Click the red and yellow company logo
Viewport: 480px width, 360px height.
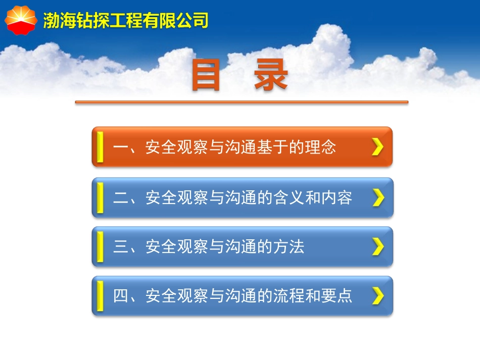21,19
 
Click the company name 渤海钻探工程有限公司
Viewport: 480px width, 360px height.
126,21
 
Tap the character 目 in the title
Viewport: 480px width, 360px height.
207,77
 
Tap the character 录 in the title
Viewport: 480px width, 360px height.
271,77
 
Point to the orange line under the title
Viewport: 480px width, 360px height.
242,102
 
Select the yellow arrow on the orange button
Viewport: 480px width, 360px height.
377,147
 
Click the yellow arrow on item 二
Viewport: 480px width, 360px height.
378,198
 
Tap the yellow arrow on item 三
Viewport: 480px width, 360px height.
378,247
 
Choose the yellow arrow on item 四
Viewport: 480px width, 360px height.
378,296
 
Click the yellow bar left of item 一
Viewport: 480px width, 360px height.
100,147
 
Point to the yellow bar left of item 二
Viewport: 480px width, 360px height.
100,198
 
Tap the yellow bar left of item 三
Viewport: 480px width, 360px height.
100,247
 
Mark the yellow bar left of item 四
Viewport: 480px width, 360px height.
100,296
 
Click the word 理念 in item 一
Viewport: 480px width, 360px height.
320,147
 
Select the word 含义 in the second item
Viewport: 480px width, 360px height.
288,198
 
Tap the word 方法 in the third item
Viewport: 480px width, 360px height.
288,247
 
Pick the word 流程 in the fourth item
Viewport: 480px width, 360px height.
288,296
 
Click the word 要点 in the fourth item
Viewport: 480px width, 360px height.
337,296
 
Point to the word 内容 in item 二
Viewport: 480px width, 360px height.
337,198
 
